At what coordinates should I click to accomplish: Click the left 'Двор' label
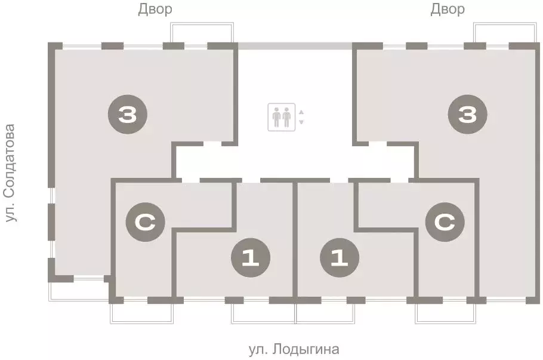pyautogui.click(x=155, y=10)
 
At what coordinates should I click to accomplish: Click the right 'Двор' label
pyautogui.click(x=448, y=10)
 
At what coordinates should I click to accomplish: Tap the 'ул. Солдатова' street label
pyautogui.click(x=10, y=173)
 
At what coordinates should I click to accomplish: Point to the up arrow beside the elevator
pyautogui.click(x=301, y=112)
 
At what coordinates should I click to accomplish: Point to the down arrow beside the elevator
pyautogui.click(x=301, y=122)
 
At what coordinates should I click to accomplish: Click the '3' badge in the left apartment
pyautogui.click(x=127, y=114)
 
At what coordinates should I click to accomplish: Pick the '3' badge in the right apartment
pyautogui.click(x=468, y=114)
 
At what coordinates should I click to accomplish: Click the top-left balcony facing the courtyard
pyautogui.click(x=200, y=32)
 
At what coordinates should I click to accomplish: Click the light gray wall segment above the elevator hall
pyautogui.click(x=295, y=45)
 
